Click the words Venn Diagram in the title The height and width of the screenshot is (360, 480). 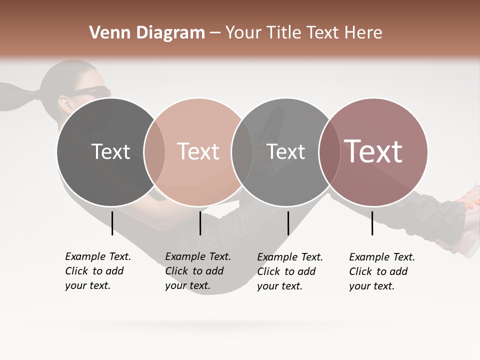(x=147, y=33)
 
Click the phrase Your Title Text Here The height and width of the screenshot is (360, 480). (x=303, y=33)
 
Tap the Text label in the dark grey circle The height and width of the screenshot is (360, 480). (x=110, y=151)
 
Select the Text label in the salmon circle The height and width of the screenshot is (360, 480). (x=198, y=151)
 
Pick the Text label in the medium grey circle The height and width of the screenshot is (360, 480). (x=285, y=151)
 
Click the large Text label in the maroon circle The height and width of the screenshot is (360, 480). (x=373, y=151)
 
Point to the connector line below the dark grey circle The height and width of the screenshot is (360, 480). (x=112, y=223)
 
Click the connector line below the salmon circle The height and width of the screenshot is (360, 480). (x=200, y=223)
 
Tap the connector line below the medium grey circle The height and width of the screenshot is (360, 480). (x=288, y=223)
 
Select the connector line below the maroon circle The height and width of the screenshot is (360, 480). (x=372, y=223)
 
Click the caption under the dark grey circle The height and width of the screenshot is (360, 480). (x=97, y=271)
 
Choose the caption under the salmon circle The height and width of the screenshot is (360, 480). (x=197, y=271)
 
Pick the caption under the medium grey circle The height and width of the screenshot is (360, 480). (x=289, y=271)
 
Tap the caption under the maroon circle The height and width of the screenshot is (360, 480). (x=381, y=271)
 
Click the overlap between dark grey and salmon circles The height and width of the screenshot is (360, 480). (x=154, y=152)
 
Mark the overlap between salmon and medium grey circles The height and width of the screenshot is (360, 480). (x=242, y=152)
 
